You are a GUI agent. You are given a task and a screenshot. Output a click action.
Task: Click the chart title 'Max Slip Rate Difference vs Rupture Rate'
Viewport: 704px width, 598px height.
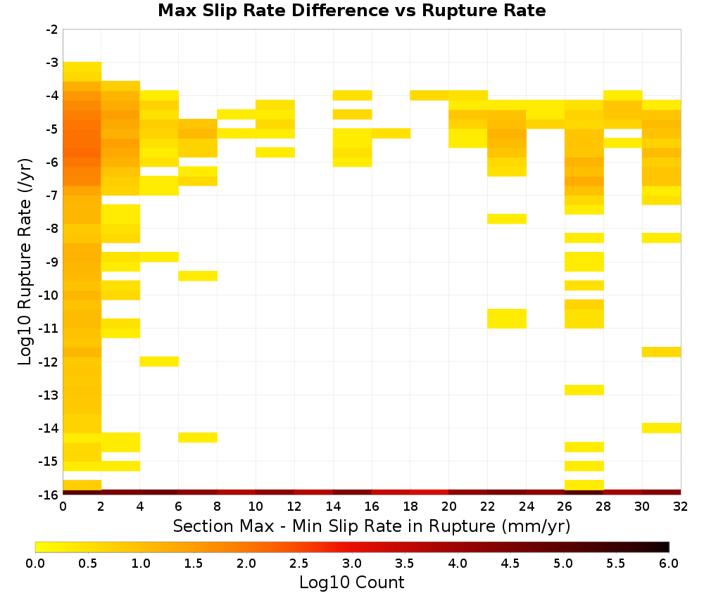351,11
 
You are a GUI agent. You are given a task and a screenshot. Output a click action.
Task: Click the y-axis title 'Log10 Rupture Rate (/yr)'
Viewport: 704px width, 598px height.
25,262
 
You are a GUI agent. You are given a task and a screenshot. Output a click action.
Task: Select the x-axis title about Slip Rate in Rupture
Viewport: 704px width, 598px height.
371,526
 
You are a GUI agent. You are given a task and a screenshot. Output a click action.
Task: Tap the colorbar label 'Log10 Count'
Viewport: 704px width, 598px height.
351,583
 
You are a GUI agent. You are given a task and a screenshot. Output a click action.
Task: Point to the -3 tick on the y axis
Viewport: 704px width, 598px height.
52,63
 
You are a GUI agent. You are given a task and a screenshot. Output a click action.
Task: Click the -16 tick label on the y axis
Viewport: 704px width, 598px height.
49,495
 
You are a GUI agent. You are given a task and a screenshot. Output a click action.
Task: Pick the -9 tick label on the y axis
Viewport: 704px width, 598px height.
52,262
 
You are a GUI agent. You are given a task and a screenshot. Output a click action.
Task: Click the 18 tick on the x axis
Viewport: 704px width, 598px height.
410,507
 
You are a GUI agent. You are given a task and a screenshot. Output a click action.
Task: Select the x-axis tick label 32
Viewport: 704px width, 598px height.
681,507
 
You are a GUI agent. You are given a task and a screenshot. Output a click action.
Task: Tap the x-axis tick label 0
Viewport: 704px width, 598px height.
63,507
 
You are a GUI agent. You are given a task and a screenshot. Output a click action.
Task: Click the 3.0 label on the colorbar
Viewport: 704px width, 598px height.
351,564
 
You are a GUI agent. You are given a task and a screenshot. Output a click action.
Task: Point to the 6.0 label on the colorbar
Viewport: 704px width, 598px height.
669,564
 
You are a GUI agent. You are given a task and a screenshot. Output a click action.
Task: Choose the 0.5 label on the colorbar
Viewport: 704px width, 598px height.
87,564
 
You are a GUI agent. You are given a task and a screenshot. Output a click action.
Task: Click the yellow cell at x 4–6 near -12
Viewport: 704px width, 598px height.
159,361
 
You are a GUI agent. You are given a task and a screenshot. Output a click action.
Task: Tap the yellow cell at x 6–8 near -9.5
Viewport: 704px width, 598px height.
198,276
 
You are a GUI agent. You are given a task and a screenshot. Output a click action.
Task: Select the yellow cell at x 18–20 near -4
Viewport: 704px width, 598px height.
429,95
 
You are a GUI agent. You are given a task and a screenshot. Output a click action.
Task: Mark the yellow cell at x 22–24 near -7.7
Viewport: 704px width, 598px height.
507,219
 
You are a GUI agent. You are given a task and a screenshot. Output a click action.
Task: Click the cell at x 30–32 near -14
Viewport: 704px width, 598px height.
661,428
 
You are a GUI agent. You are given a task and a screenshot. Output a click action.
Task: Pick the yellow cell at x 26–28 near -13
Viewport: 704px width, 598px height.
584,390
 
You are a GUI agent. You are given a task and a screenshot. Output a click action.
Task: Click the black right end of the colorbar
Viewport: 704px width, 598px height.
666,547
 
